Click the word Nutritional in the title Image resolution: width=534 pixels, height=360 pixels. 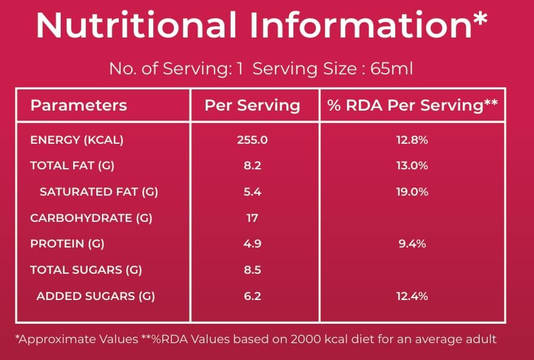(136, 25)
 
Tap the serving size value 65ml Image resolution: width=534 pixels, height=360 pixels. (391, 69)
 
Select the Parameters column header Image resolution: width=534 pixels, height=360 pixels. (79, 106)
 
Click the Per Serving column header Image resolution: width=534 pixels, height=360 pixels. (253, 105)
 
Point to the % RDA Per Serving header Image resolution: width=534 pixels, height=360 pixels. (413, 105)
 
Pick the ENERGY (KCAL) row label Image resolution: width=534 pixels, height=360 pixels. (77, 140)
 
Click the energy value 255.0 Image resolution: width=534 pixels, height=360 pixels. (253, 140)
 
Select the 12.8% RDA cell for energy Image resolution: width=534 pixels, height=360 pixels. (412, 140)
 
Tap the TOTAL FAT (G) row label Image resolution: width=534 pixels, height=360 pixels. (72, 166)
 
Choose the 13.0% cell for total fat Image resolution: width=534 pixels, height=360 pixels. (412, 166)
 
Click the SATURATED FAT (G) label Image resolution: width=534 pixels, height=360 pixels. (99, 192)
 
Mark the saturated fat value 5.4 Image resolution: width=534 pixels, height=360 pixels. (253, 192)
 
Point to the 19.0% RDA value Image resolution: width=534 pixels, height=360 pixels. (412, 192)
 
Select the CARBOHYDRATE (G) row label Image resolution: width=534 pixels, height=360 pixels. (91, 218)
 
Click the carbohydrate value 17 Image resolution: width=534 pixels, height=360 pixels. (253, 218)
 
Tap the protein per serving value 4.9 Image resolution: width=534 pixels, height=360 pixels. (253, 244)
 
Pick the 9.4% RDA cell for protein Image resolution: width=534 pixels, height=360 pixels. (412, 244)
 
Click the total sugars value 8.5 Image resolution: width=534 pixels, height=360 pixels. (253, 270)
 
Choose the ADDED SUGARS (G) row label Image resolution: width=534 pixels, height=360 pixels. (96, 296)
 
